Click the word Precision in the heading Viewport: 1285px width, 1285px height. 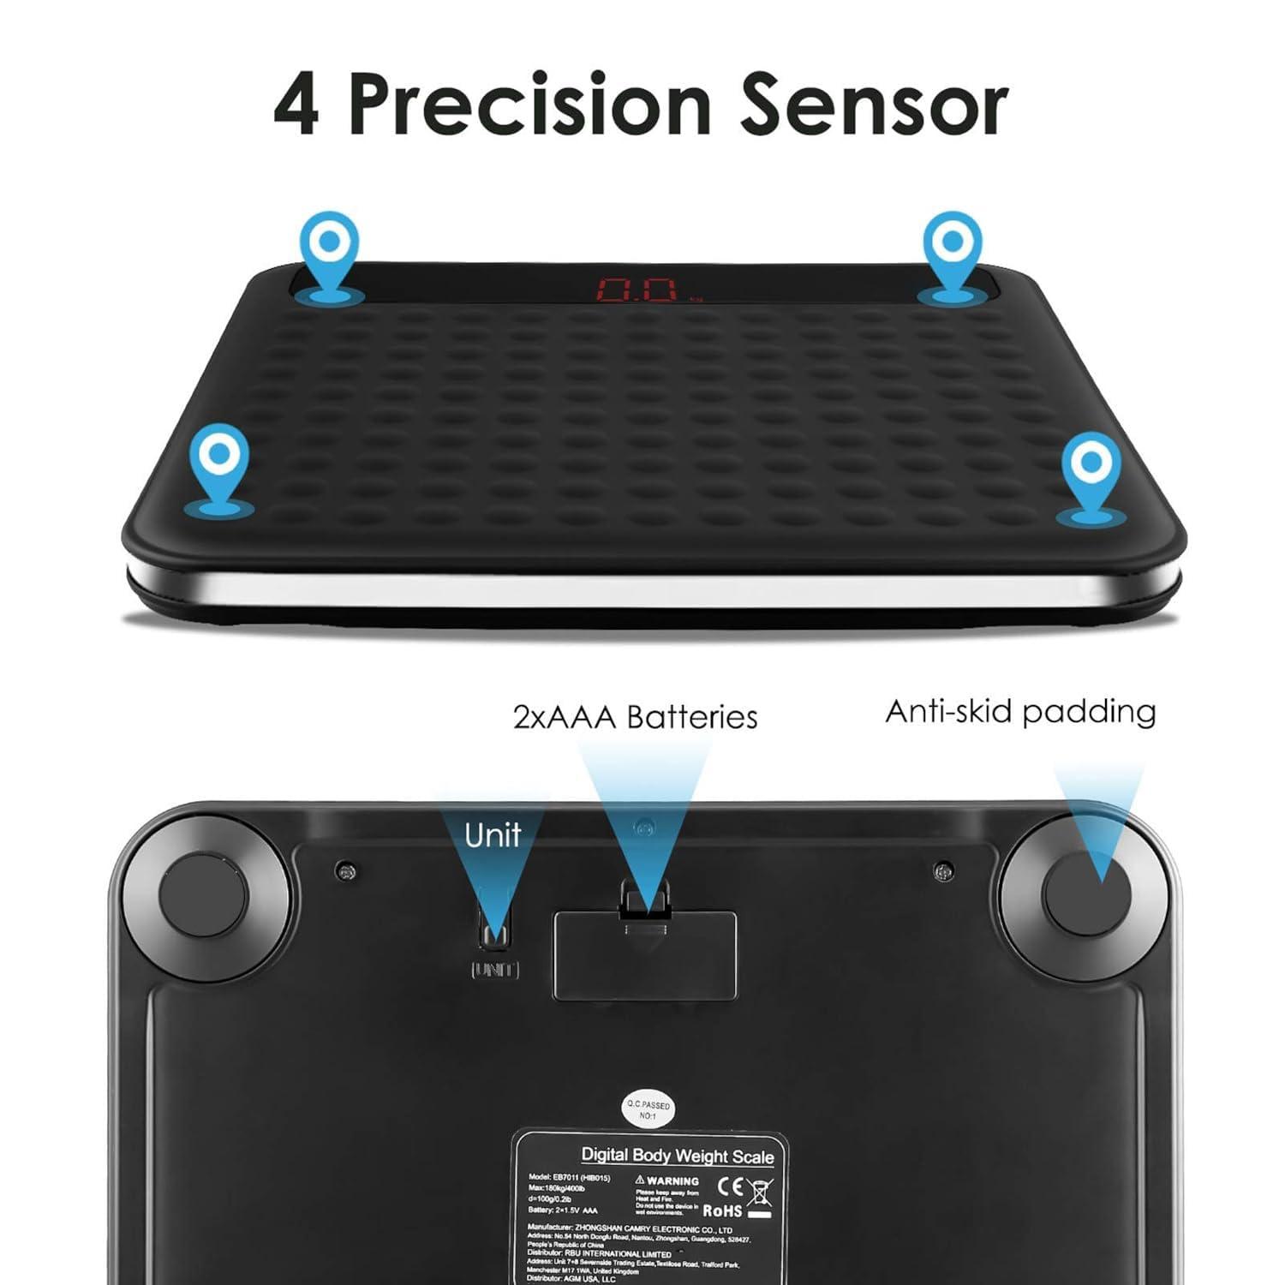(529, 105)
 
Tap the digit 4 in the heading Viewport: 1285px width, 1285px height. (296, 106)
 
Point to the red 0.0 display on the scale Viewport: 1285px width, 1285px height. (637, 290)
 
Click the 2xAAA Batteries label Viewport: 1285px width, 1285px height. (635, 717)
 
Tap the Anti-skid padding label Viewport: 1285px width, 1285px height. (1020, 712)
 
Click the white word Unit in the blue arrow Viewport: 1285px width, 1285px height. (493, 834)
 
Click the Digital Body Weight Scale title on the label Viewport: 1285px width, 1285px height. (677, 1155)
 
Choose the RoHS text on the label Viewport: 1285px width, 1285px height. (722, 1210)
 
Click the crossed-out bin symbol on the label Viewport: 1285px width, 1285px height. (760, 1192)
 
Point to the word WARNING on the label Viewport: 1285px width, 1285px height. (672, 1180)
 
